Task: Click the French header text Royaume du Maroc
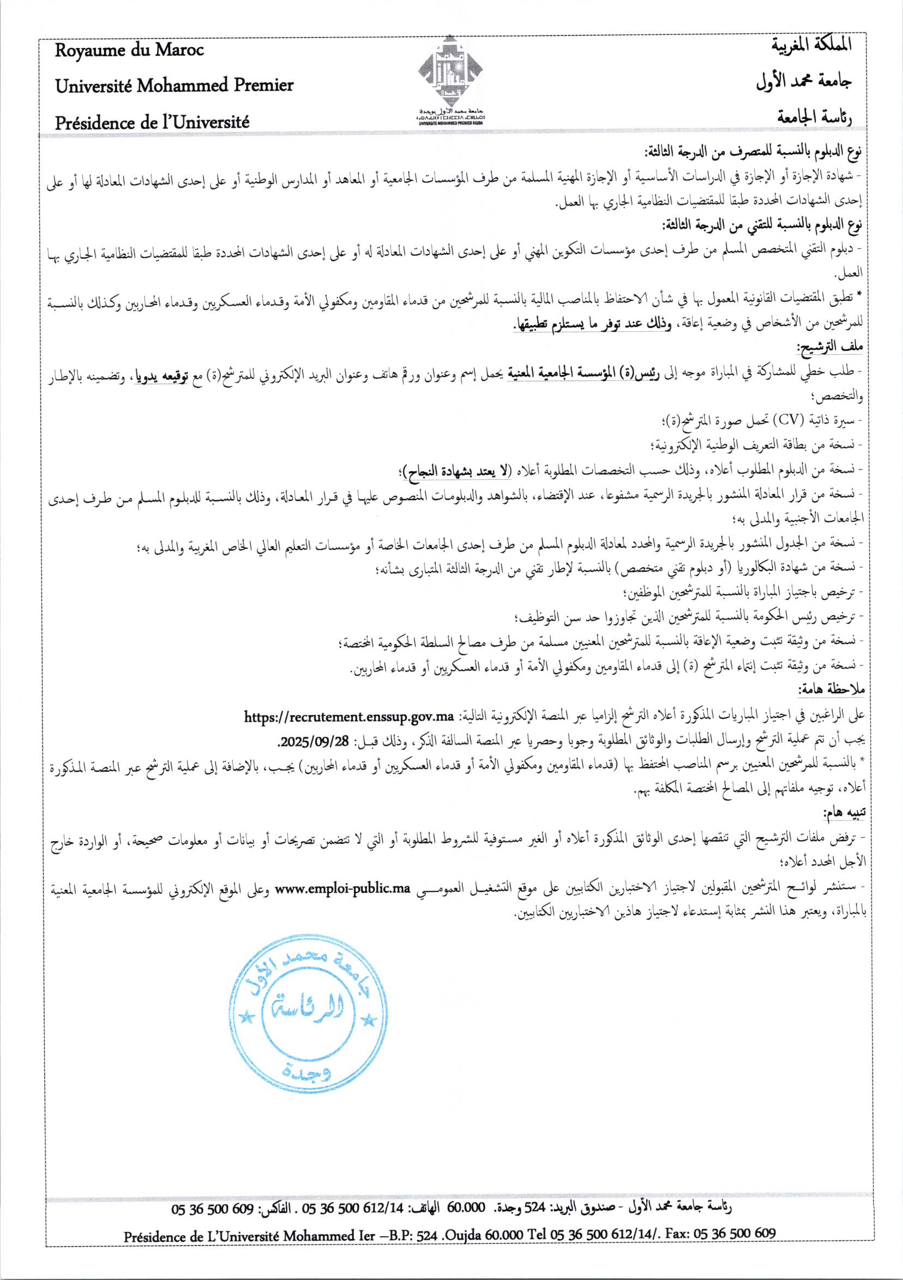coord(129,50)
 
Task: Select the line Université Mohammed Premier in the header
coord(174,85)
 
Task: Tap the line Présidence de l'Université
coord(152,122)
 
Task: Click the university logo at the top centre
coord(450,75)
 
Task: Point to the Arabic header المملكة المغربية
coord(811,45)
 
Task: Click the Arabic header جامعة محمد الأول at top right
coord(803,82)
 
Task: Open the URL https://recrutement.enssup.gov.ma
coord(349,716)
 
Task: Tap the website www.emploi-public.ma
coord(342,888)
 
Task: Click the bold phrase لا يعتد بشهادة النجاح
coord(456,471)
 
